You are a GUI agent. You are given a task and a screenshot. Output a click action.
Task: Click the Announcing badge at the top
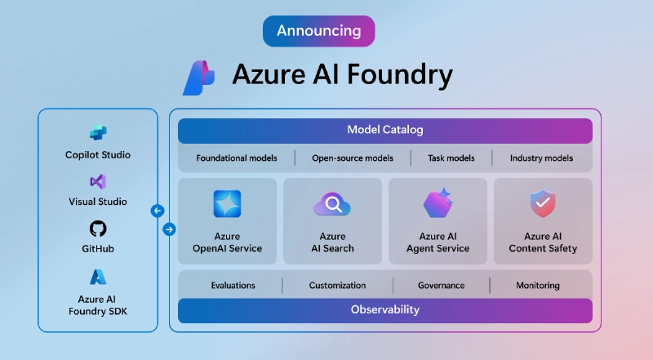coord(318,31)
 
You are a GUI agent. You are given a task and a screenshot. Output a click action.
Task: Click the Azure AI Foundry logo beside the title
coord(198,78)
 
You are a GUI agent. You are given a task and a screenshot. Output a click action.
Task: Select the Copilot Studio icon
coord(98,133)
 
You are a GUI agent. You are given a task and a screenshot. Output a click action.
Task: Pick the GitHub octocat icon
coord(98,229)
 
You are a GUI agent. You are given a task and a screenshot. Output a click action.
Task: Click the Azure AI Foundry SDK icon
coord(98,277)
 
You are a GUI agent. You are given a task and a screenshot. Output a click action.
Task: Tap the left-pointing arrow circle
coord(158,211)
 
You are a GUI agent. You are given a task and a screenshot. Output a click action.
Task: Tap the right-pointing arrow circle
coord(169,229)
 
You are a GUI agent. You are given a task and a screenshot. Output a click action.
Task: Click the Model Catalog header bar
coord(384,131)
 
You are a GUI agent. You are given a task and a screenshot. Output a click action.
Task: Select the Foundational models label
coord(236,158)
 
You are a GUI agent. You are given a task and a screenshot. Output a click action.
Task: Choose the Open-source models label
coord(353,158)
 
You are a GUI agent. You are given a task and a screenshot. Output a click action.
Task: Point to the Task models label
coord(451,158)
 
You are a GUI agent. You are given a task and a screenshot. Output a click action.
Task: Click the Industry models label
coord(541,158)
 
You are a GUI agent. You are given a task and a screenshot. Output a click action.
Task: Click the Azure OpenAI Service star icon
coord(227,204)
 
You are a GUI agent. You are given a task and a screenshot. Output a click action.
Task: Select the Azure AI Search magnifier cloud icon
coord(332,204)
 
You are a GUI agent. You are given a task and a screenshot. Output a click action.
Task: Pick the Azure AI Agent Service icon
coord(438,204)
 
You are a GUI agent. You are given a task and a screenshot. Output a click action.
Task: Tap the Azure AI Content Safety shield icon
coord(543,203)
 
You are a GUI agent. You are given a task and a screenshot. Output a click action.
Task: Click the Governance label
coord(441,286)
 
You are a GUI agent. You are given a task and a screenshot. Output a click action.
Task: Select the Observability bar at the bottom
coord(384,310)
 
